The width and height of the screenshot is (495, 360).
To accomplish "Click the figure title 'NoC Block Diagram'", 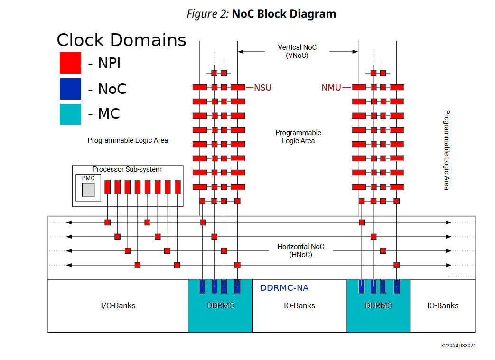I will [283, 14].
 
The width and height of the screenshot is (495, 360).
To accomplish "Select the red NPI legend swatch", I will [70, 63].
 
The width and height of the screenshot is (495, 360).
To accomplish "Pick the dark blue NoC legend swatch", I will [70, 89].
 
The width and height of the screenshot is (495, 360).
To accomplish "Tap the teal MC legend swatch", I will [70, 114].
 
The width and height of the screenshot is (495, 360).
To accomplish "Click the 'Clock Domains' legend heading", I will [121, 40].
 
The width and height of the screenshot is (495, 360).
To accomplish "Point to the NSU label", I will [262, 87].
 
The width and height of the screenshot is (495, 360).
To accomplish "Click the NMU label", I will [331, 87].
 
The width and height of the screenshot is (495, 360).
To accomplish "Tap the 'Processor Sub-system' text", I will [127, 169].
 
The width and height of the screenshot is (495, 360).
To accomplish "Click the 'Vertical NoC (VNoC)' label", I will [297, 51].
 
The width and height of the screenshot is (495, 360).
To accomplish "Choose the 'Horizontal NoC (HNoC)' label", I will [301, 250].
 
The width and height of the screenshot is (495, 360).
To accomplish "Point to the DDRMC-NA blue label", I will [284, 287].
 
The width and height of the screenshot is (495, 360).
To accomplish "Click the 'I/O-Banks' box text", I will [118, 305].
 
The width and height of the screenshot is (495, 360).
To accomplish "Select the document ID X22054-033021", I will [458, 346].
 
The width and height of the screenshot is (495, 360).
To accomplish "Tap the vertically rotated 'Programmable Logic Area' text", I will [446, 150].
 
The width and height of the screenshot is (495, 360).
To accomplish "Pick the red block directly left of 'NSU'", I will [238, 87].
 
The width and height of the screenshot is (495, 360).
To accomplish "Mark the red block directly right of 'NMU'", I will [359, 87].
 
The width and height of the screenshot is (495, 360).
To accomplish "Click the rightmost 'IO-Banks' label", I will [443, 305].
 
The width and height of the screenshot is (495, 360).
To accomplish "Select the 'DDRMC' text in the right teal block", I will [378, 305].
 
